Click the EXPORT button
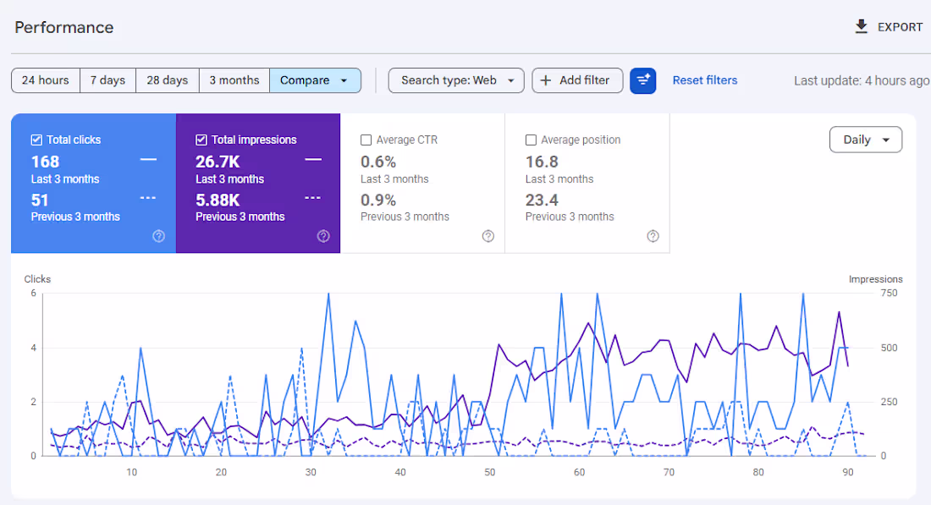[x=888, y=27]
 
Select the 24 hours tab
[x=46, y=80]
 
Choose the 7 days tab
[x=107, y=80]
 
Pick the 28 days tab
[x=167, y=80]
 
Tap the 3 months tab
[x=234, y=80]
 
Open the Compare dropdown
[x=315, y=80]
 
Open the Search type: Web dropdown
[x=456, y=80]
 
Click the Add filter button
[x=576, y=80]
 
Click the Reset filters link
[x=705, y=80]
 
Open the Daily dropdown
[x=865, y=140]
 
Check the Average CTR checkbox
[x=366, y=140]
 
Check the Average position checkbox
[x=531, y=140]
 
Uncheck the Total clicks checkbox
[x=36, y=140]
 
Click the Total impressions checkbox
[x=201, y=140]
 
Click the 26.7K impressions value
[x=218, y=162]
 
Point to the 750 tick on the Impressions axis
[x=890, y=293]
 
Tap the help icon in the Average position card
[x=653, y=236]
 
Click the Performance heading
[x=64, y=27]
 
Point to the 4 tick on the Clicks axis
[x=34, y=348]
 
